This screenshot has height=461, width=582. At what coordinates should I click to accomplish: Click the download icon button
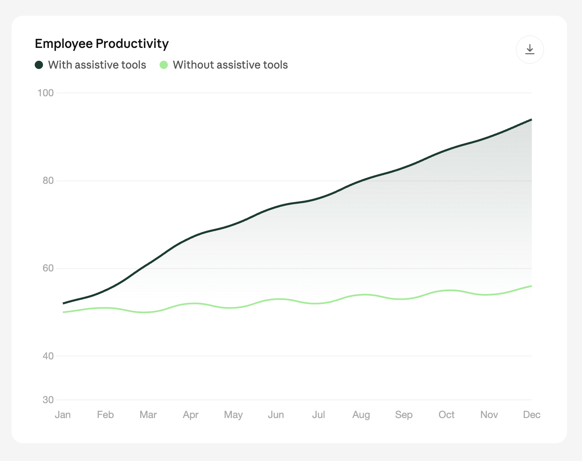click(530, 50)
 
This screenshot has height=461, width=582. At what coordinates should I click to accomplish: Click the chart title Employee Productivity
click(102, 44)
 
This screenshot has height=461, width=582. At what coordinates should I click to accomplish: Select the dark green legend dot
click(39, 65)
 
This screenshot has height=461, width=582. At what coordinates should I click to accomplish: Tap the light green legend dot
click(164, 65)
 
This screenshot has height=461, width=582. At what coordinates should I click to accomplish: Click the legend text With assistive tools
click(97, 65)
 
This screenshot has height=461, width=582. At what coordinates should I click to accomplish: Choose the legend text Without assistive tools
click(230, 65)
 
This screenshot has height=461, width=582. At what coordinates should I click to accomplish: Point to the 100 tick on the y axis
click(46, 93)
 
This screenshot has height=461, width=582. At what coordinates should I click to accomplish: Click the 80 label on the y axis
click(48, 181)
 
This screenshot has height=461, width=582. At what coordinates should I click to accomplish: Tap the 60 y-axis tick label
click(48, 268)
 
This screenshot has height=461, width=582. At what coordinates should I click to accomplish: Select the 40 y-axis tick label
click(48, 356)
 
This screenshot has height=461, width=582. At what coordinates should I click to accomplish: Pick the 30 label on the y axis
click(48, 399)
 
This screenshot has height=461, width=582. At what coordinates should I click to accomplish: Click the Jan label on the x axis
click(63, 414)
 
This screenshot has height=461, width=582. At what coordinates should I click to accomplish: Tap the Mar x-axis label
click(148, 414)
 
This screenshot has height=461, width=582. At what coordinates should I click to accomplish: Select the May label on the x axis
click(233, 414)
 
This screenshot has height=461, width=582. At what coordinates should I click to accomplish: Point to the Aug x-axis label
click(361, 414)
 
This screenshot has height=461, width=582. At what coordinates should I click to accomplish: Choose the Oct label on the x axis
click(446, 414)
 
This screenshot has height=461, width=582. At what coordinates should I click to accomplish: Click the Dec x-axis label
click(532, 414)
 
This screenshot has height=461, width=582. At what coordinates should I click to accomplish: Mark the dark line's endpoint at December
click(531, 120)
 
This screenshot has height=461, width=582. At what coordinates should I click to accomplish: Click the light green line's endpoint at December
click(531, 286)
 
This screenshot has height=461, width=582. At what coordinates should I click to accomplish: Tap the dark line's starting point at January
click(63, 303)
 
